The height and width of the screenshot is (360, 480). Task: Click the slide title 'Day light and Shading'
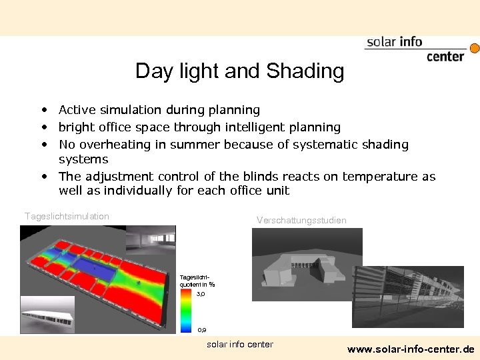pos(239,71)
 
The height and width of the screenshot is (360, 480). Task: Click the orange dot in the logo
pos(475,49)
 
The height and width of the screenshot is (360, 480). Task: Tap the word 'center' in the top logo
pos(445,57)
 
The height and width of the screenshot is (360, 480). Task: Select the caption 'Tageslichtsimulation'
pos(67,216)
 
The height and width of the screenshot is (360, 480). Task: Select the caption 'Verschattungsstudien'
pos(301,220)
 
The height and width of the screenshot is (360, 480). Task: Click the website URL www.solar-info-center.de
pos(411,349)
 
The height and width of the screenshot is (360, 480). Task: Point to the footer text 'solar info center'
pos(240,344)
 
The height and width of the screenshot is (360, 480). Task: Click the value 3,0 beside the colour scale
pos(201,293)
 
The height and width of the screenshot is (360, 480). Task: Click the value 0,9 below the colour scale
pos(201,330)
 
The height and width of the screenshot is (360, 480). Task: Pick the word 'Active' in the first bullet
pos(75,110)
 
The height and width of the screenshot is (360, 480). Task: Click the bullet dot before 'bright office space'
pos(43,127)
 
